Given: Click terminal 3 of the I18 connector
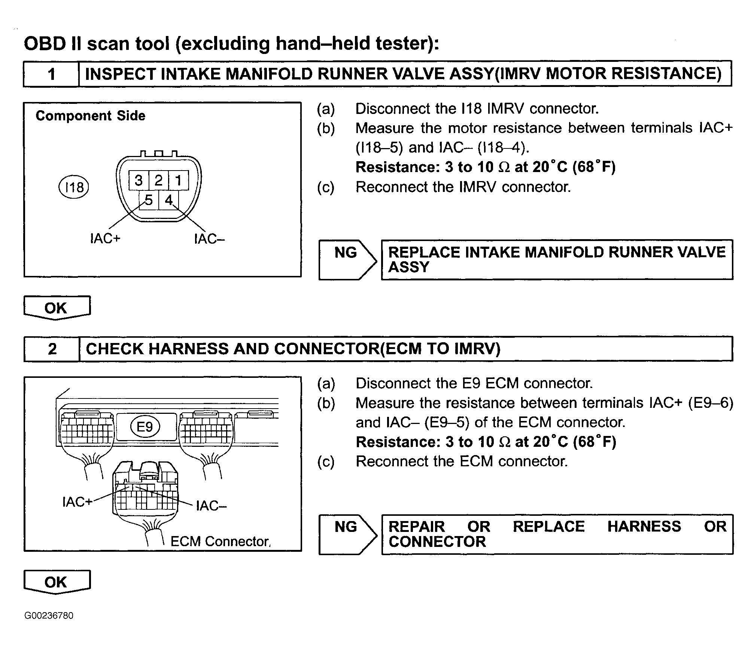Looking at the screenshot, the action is point(139,181).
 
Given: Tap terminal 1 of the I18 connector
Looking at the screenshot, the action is point(178,181).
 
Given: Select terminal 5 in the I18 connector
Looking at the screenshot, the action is point(149,200).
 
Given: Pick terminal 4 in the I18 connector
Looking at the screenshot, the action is point(169,200).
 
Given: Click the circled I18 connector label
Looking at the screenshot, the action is point(74,187).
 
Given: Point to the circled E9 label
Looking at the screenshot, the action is point(145,427).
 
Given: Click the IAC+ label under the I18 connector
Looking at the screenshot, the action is point(105,238).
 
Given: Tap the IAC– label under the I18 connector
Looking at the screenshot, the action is point(209,239).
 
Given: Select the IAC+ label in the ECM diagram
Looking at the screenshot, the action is point(77,502).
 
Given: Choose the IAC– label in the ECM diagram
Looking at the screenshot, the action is point(212,506).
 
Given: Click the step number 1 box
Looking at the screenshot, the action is point(51,74).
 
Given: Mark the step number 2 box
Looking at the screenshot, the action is point(52,349).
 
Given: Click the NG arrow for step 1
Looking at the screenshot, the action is point(347,259).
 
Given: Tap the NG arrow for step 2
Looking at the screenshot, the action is point(347,534).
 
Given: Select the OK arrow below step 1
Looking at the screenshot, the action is point(57,308).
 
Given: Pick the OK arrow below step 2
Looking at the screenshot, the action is point(57,582).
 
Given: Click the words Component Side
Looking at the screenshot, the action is point(90,116).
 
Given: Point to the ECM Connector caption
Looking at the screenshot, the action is point(220,541).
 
